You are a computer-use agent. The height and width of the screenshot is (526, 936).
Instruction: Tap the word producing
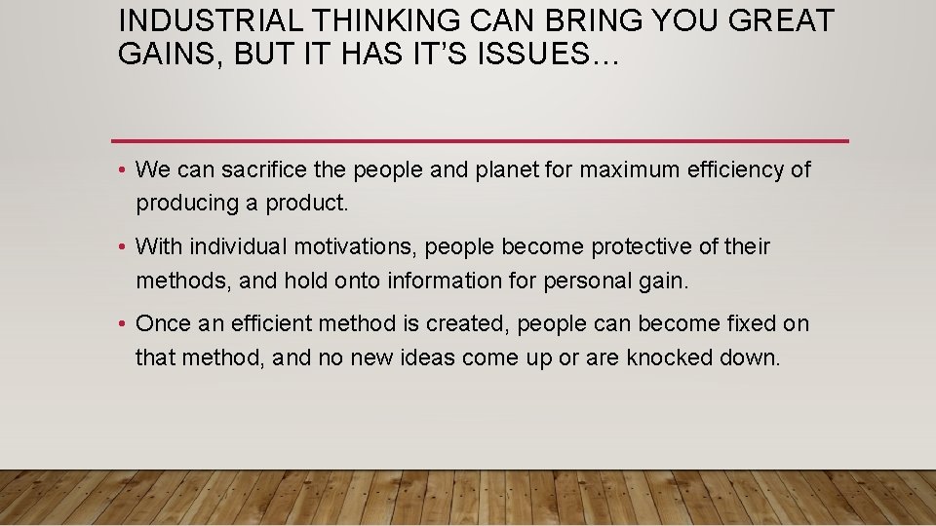click(x=180, y=205)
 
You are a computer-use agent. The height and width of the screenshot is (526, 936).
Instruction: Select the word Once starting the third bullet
click(x=163, y=323)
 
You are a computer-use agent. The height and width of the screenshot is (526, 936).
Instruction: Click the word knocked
click(x=672, y=357)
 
